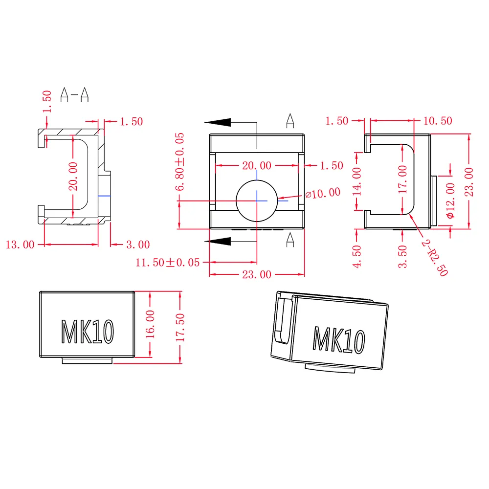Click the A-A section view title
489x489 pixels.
pyautogui.click(x=74, y=94)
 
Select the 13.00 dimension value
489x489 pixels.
pyautogui.click(x=20, y=244)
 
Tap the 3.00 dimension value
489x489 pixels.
pyautogui.click(x=138, y=244)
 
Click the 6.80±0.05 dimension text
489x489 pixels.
pyautogui.click(x=179, y=161)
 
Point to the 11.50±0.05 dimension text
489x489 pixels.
pyautogui.click(x=167, y=262)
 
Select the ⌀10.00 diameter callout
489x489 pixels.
pyautogui.click(x=323, y=193)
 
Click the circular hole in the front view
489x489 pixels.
pyautogui.click(x=257, y=201)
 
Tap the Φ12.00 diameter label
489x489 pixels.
pyautogui.click(x=450, y=200)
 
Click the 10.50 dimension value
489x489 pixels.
pyautogui.click(x=438, y=121)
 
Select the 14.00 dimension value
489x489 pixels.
pyautogui.click(x=357, y=181)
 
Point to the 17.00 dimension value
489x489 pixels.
pyautogui.click(x=402, y=179)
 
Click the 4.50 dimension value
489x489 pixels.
pyautogui.click(x=357, y=256)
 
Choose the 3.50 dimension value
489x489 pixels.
pyautogui.click(x=402, y=256)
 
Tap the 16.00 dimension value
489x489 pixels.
pyautogui.click(x=150, y=324)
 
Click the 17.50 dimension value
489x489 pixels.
pyautogui.click(x=180, y=328)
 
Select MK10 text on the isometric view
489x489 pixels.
pyautogui.click(x=339, y=340)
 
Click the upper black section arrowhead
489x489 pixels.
pyautogui.click(x=218, y=122)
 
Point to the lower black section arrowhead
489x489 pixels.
pyautogui.click(x=218, y=242)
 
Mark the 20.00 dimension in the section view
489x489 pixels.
pyautogui.click(x=73, y=176)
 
